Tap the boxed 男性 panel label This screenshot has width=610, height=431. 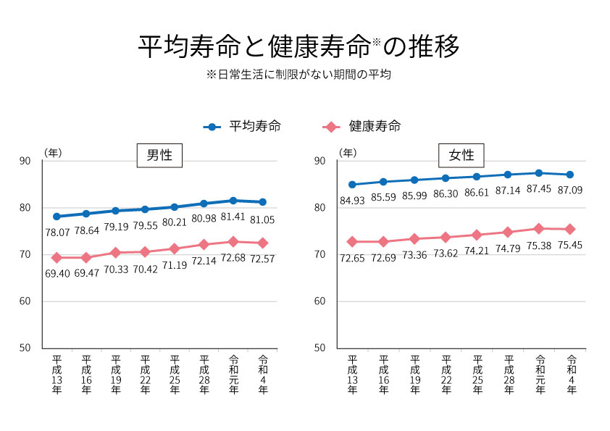[159, 155]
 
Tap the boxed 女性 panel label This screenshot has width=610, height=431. [461, 155]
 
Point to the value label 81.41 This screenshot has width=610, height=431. [233, 217]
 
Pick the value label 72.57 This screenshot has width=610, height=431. [262, 259]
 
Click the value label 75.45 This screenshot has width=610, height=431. [570, 245]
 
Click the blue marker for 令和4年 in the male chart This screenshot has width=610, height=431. [262, 202]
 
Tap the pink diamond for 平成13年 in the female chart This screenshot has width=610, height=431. [352, 241]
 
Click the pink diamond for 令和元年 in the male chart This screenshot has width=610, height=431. [233, 241]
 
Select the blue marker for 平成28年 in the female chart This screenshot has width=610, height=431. [508, 175]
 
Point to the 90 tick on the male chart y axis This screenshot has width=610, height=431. [26, 161]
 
